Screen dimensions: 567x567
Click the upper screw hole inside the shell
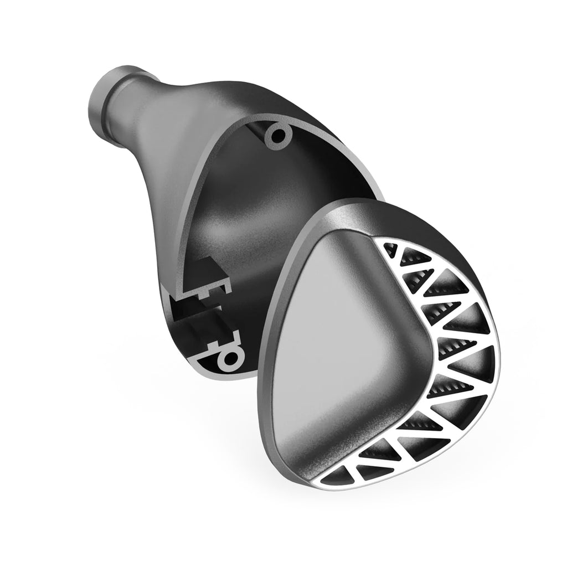[276, 135]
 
